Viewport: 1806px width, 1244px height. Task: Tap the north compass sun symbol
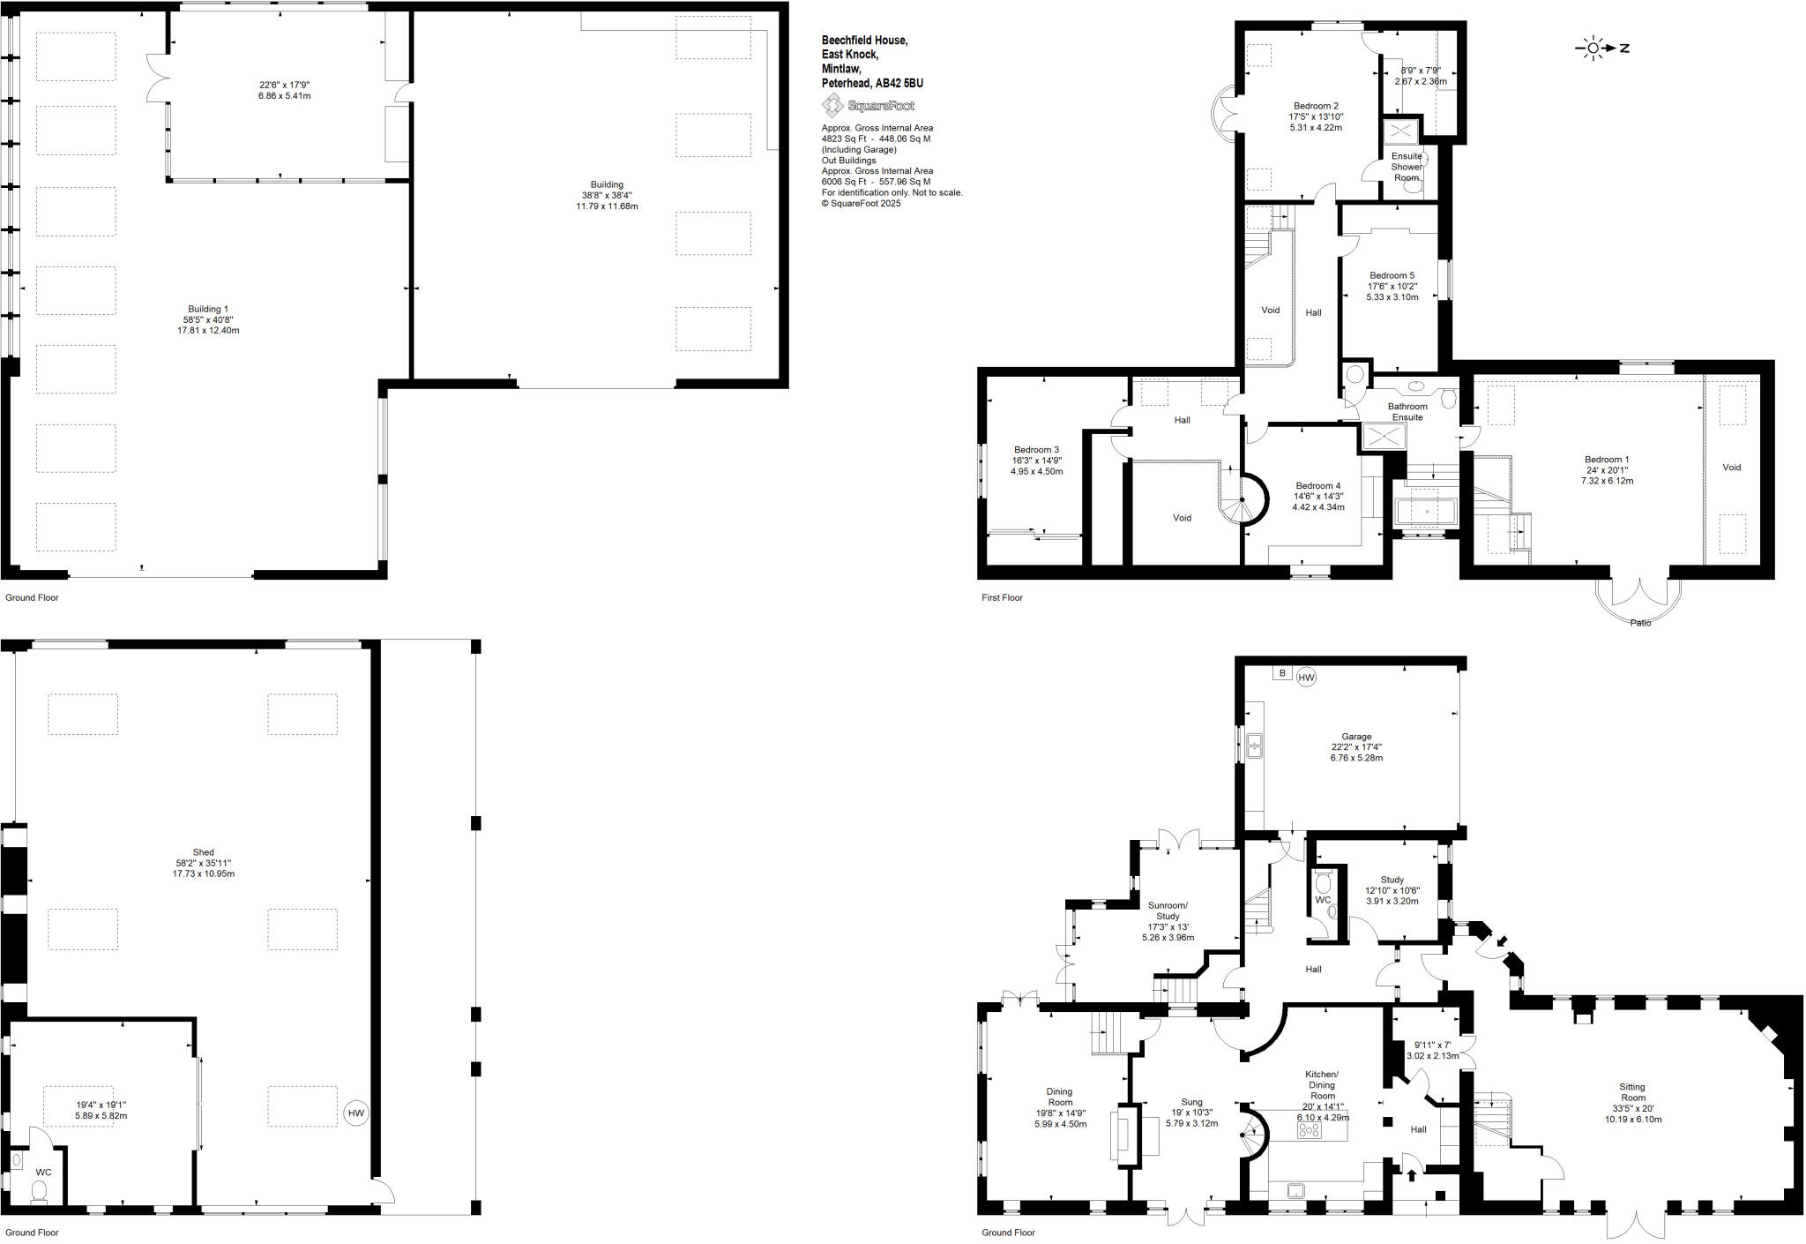tap(1593, 49)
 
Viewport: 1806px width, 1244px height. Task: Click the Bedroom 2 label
tap(1316, 106)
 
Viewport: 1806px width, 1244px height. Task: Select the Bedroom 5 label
tap(1392, 276)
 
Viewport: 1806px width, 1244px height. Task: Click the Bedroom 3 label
tap(1036, 450)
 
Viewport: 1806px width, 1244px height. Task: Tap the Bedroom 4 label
tap(1317, 486)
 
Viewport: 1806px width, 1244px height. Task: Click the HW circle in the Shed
tap(355, 1113)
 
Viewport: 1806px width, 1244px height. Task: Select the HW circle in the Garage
tap(1306, 678)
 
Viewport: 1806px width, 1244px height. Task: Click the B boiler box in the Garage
tap(1282, 673)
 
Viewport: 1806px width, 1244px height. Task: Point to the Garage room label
tap(1356, 737)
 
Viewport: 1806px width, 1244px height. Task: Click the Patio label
tap(1640, 623)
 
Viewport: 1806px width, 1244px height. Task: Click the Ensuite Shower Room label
tap(1407, 167)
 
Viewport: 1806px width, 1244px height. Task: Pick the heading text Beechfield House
tap(864, 41)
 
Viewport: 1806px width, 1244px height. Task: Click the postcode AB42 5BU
tap(899, 84)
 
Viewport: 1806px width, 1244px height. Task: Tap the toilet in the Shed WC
tap(39, 1193)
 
